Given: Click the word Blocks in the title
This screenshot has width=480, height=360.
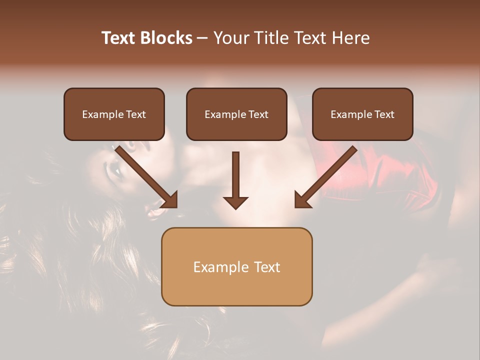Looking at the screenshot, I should click(166, 38).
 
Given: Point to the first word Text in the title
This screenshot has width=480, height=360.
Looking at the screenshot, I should click(120, 38).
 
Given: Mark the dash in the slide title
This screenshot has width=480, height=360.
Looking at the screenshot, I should click(202, 38).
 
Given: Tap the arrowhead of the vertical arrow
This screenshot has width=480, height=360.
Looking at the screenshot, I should click(235, 202).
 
